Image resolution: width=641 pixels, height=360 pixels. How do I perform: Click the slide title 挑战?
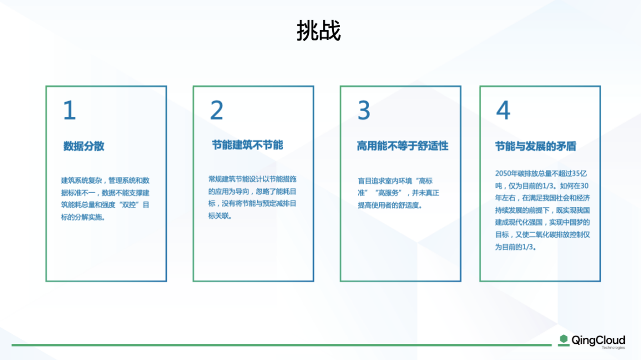(x=318, y=31)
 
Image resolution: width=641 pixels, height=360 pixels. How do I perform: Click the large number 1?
(x=70, y=110)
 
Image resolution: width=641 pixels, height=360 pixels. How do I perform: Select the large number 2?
(x=216, y=110)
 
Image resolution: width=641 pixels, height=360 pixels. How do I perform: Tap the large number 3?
(x=363, y=110)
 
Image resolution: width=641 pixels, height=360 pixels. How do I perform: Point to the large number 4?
(x=503, y=110)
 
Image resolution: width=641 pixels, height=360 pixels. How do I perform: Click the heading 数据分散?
(x=83, y=146)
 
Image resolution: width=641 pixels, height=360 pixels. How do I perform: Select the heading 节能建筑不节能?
(x=248, y=145)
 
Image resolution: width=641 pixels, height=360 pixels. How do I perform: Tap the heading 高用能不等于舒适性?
(x=402, y=146)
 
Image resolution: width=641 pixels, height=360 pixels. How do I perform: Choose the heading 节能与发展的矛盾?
(x=535, y=146)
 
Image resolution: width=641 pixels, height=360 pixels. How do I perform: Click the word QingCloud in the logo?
(x=598, y=340)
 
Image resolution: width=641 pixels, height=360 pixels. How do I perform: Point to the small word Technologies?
(x=613, y=348)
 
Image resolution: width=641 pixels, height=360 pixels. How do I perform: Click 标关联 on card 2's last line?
(x=218, y=216)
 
